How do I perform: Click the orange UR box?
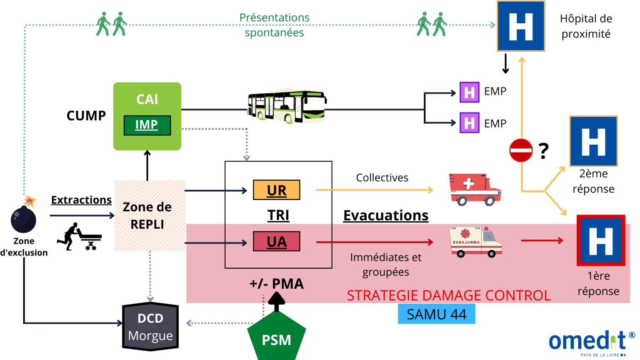277,190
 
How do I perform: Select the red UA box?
277,242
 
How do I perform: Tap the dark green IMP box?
147,125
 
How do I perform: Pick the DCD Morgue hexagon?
150,327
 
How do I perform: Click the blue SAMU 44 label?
436,314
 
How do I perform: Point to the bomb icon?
23,218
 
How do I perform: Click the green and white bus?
287,106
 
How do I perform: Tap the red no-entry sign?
521,150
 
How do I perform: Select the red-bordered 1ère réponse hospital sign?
601,240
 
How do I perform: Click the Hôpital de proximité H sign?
521,26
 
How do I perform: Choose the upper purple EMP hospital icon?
470,92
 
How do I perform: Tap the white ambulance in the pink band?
475,242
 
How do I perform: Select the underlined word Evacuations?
386,215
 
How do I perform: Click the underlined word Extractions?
81,200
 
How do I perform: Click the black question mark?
543,151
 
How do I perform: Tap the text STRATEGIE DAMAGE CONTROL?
449,295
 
